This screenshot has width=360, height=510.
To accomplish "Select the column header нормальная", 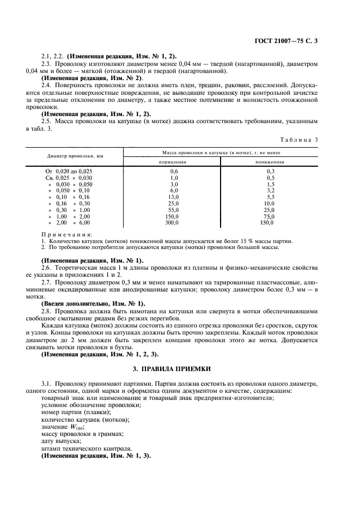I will coord(173,162).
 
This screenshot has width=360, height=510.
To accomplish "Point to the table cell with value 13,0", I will coord(174,197).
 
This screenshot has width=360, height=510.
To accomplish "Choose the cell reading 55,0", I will coord(174,210).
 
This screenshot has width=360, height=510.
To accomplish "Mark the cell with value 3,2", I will coord(269,190).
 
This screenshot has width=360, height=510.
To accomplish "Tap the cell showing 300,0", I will coord(173,223).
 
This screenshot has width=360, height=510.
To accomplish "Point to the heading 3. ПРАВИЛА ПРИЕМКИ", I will coord(180,369).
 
